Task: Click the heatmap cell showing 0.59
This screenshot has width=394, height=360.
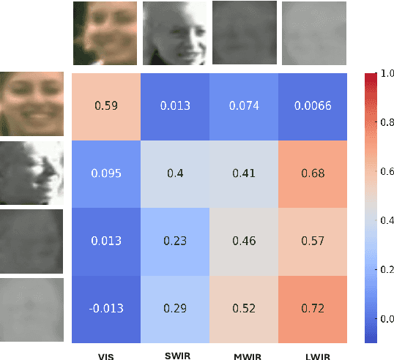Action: [106, 105]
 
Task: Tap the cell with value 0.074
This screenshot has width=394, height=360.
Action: [245, 105]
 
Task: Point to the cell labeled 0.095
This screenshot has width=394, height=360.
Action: [106, 173]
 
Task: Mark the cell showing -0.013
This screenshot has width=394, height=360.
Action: [106, 309]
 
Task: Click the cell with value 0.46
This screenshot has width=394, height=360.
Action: [245, 241]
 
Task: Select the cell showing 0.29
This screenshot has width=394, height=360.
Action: [176, 309]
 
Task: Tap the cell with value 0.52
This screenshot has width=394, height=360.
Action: [245, 309]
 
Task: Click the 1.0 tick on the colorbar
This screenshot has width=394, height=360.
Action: [386, 73]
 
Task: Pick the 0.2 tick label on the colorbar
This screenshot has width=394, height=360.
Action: [386, 269]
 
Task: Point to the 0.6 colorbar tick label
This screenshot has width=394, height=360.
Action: [386, 171]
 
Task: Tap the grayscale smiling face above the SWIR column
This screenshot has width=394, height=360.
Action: [174, 33]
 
